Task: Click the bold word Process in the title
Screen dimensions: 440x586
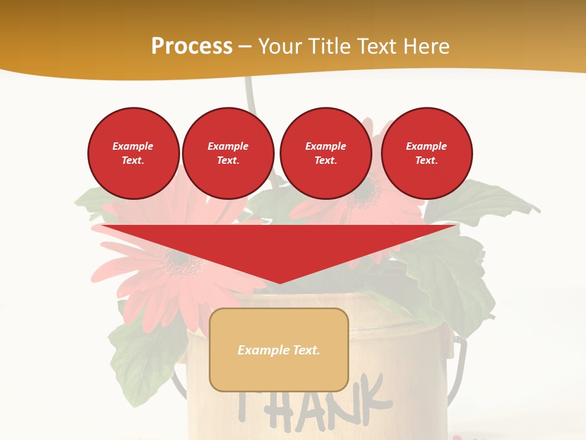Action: tap(192, 46)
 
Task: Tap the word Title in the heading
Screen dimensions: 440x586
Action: tap(327, 46)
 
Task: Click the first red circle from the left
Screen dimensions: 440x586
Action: tap(133, 153)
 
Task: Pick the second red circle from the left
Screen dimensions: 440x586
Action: tap(228, 153)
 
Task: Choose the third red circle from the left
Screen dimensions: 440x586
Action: tap(325, 153)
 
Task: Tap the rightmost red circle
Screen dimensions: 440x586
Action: tap(426, 153)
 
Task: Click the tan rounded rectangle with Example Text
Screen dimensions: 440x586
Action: tap(278, 350)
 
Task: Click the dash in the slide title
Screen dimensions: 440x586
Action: tap(245, 46)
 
